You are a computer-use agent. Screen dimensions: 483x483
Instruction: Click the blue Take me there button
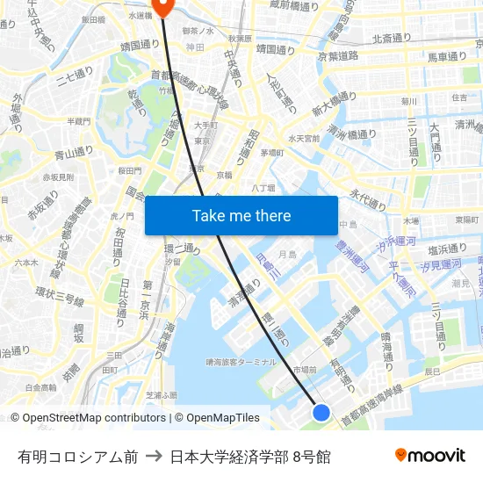(x=241, y=215)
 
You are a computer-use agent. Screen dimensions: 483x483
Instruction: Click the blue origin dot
(x=321, y=412)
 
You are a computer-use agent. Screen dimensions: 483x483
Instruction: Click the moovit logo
(x=429, y=455)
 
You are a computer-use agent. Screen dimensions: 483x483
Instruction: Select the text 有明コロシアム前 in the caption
(x=77, y=456)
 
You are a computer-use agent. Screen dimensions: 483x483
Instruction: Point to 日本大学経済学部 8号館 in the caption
(x=250, y=456)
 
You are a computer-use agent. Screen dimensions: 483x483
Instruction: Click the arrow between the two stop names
(x=154, y=456)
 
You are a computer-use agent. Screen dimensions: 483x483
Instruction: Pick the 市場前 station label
(x=304, y=370)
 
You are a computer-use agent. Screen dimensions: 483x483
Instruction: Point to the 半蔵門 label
(x=78, y=121)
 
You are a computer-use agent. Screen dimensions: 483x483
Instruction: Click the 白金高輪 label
(x=40, y=387)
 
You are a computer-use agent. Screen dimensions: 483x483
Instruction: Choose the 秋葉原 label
(x=240, y=39)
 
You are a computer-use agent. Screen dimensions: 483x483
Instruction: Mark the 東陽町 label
(x=466, y=220)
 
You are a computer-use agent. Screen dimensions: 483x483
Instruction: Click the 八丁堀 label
(x=263, y=187)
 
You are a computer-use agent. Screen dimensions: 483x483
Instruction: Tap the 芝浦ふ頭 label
(x=160, y=396)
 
